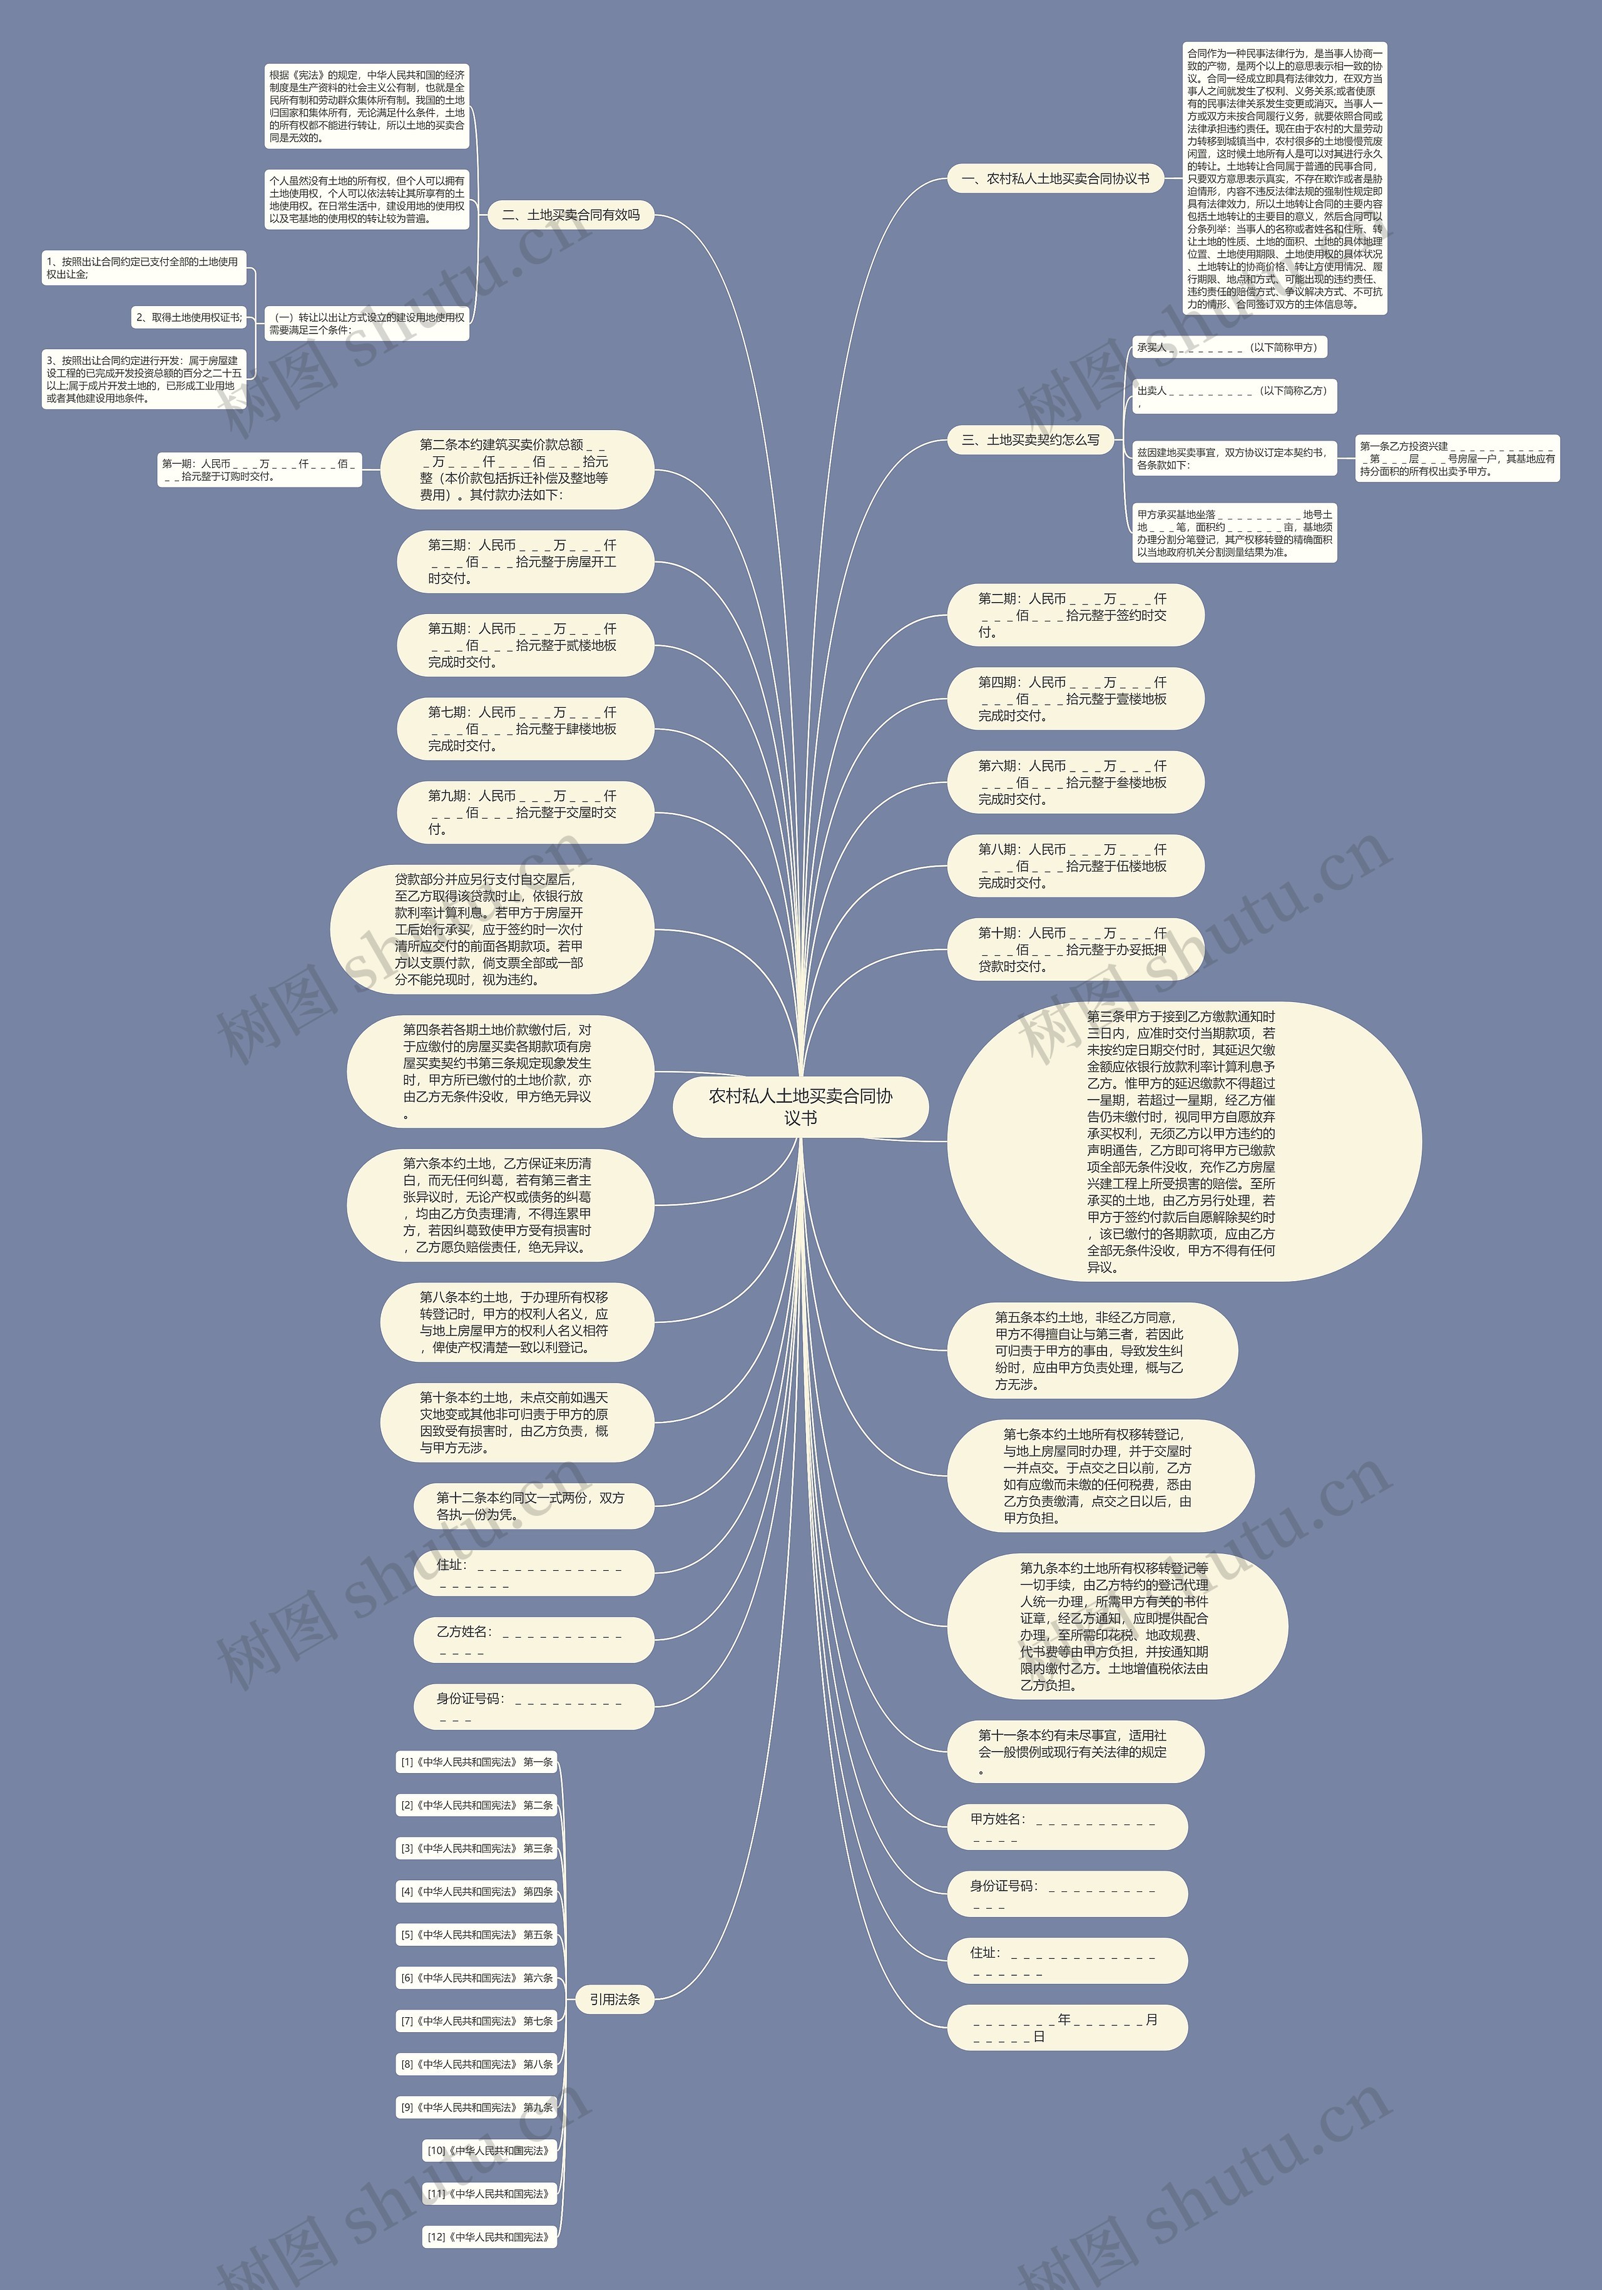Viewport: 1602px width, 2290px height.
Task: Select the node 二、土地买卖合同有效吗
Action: (x=571, y=215)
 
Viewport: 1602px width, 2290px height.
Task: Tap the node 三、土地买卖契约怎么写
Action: (x=1031, y=440)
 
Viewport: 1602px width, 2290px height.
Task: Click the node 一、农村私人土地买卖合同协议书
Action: (x=1054, y=178)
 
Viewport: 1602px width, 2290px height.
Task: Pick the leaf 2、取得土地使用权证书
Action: (x=188, y=317)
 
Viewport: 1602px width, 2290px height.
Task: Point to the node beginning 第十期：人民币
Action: (x=1074, y=949)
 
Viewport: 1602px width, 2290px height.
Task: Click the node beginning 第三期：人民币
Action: (x=524, y=561)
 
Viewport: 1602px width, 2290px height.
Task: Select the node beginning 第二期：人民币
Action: (x=1074, y=615)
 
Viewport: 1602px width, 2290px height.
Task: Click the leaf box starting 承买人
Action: (x=1229, y=348)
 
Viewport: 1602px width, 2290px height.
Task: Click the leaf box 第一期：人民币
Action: (x=259, y=470)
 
